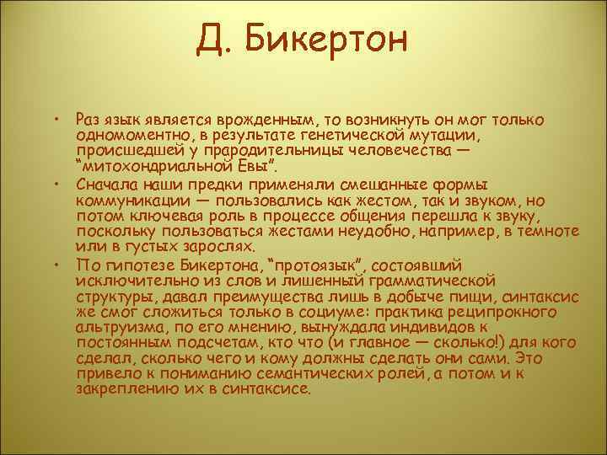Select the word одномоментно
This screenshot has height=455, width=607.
click(x=127, y=136)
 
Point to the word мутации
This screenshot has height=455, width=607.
click(x=448, y=136)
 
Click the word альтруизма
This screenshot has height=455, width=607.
click(x=113, y=326)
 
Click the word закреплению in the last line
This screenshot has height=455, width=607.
click(x=123, y=389)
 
